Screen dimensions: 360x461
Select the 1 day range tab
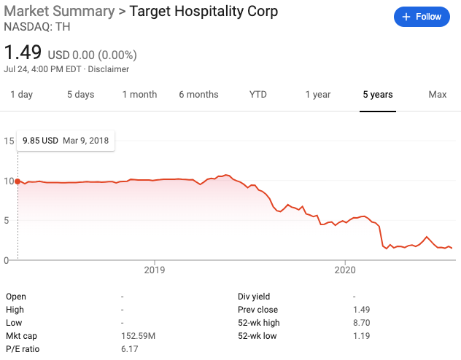click(x=21, y=95)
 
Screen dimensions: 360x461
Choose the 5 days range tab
click(x=80, y=95)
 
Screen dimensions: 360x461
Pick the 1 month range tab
click(x=139, y=95)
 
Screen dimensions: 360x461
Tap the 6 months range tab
click(x=198, y=95)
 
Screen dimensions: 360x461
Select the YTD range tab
click(x=258, y=95)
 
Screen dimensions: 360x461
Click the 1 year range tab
click(x=318, y=95)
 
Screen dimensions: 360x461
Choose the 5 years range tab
click(x=378, y=95)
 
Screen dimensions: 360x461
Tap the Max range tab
click(x=438, y=95)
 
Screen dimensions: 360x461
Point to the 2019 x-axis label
click(x=155, y=269)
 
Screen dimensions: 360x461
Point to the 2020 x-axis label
click(x=344, y=269)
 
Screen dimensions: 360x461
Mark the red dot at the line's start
click(x=18, y=181)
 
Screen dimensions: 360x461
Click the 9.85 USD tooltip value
click(x=40, y=140)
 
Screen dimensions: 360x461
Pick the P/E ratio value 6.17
click(x=129, y=349)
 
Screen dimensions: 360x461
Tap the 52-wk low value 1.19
click(x=362, y=336)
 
